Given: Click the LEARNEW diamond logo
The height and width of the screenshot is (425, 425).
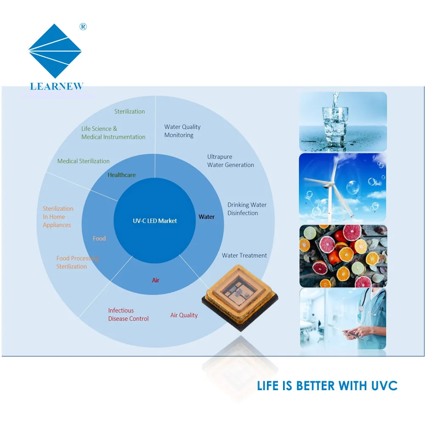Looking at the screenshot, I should click(x=55, y=51).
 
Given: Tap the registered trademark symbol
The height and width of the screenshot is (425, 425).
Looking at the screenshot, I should click(x=83, y=27).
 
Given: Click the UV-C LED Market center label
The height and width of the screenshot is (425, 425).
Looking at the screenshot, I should click(x=154, y=221).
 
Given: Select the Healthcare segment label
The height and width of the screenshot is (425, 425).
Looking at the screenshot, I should click(x=122, y=175).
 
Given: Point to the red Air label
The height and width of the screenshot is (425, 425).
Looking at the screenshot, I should click(x=156, y=280).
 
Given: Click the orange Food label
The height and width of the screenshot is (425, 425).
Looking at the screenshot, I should click(x=99, y=238).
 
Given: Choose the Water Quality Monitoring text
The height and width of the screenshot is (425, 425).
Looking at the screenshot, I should click(x=182, y=131).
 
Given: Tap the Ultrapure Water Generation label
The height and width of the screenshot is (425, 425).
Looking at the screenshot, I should click(x=230, y=161).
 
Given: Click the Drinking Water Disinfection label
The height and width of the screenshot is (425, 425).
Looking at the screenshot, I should click(x=247, y=209).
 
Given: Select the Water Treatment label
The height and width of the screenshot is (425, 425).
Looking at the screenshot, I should click(x=244, y=255).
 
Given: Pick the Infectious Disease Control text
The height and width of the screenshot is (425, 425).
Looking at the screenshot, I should click(x=128, y=314).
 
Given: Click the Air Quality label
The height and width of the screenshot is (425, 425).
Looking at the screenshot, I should click(x=184, y=315).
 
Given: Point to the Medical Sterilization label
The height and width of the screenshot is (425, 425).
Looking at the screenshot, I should click(x=83, y=161).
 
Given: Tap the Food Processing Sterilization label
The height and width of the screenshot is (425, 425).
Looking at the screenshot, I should click(x=77, y=262).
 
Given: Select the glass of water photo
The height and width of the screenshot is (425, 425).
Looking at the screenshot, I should click(x=343, y=122).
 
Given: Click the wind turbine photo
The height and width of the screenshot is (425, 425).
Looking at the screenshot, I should click(x=343, y=187).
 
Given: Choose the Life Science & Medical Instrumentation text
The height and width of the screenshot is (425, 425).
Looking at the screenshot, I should click(x=113, y=133).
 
